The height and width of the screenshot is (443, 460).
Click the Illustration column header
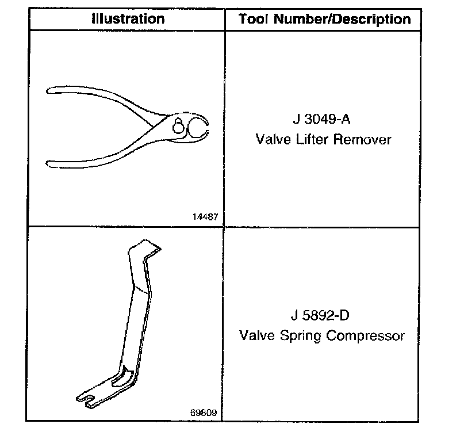(128, 18)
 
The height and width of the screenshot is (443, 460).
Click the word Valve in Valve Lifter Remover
(273, 139)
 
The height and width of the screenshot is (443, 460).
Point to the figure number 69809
(205, 413)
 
